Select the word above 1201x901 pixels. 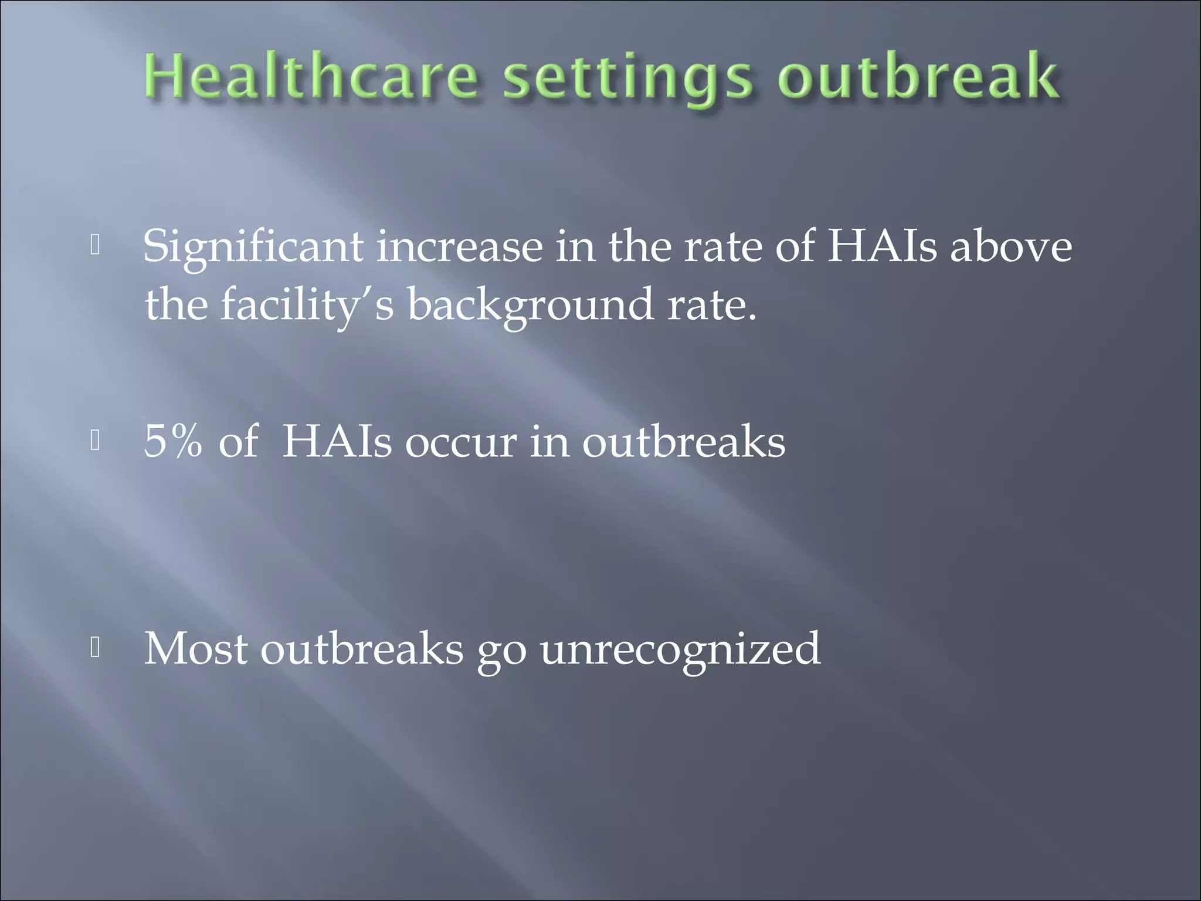1012,247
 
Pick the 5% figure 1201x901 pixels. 174,441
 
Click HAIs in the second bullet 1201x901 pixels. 337,441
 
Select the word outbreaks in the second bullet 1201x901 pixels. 683,441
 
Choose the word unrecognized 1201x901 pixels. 680,650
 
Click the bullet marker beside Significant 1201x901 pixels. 95,246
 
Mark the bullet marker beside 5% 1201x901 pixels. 95,441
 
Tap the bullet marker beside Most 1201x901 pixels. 95,648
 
